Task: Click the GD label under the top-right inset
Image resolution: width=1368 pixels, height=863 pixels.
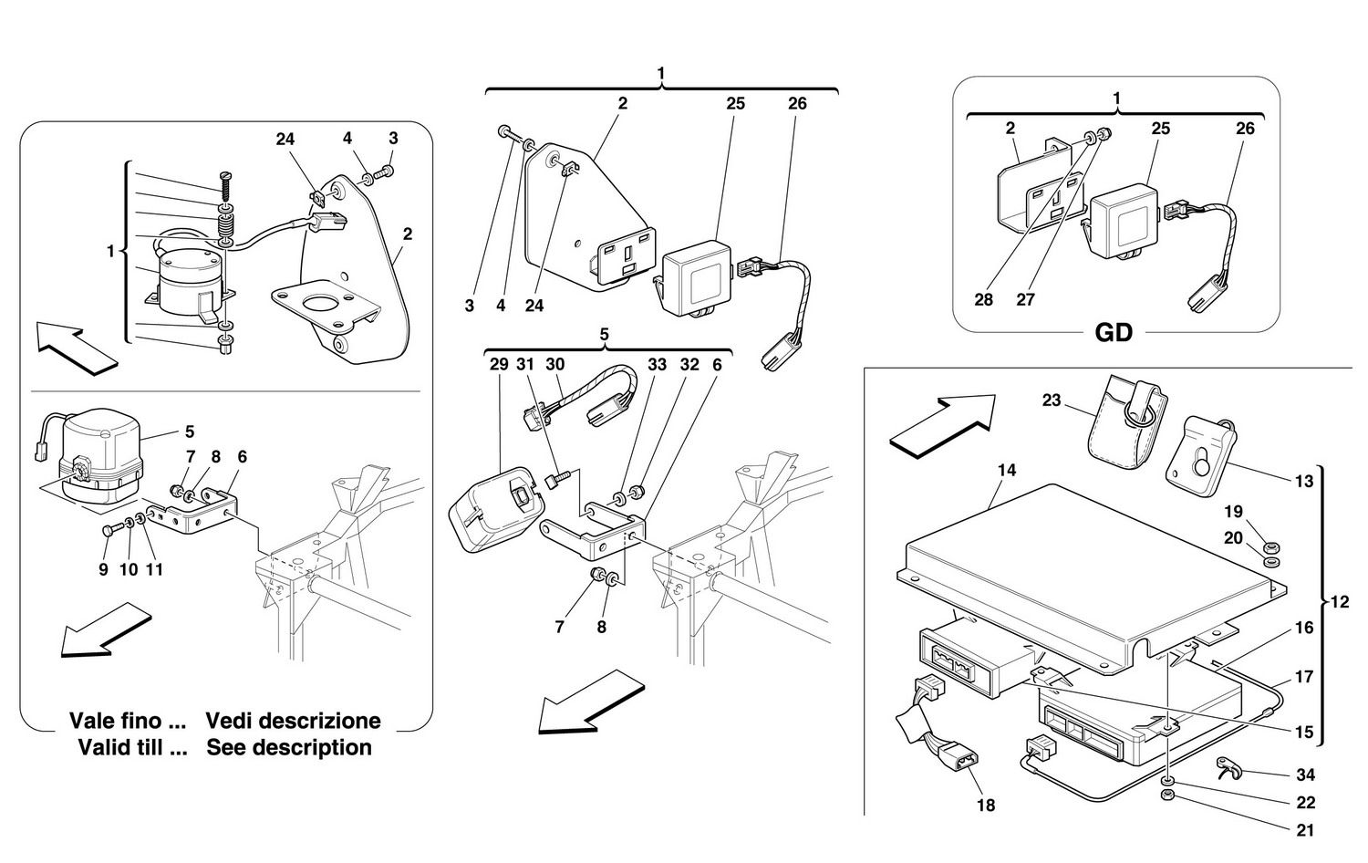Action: (x=1114, y=333)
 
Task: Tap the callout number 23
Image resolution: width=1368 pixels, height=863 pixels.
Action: (x=1052, y=400)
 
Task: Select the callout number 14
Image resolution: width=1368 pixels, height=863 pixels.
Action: (x=1007, y=471)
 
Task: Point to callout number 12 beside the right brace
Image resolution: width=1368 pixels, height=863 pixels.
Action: (x=1340, y=602)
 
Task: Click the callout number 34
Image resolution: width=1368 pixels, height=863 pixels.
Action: (x=1305, y=775)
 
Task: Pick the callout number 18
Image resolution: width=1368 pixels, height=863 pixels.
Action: (x=986, y=806)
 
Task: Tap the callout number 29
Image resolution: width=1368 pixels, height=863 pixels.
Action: (x=499, y=365)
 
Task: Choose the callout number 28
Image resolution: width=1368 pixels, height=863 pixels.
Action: (x=983, y=300)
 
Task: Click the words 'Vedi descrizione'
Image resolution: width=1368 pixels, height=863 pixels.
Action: (x=293, y=722)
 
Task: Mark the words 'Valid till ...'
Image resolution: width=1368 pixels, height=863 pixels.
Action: (x=132, y=747)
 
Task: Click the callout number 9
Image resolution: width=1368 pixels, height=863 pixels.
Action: (x=103, y=570)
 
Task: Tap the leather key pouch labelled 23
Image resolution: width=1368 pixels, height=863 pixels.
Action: (x=1129, y=421)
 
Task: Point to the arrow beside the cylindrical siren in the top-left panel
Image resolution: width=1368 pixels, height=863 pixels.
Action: (x=77, y=348)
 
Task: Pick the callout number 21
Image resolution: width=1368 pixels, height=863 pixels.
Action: (x=1304, y=830)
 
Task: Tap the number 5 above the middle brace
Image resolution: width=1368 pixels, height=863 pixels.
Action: (x=604, y=334)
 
